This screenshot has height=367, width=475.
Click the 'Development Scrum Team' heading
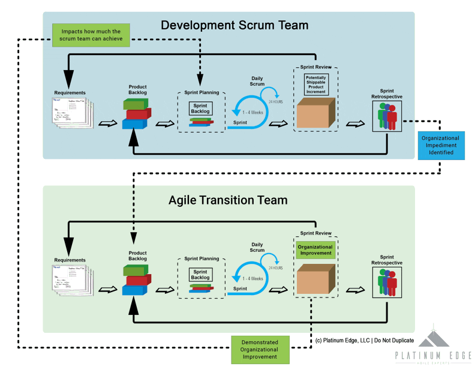tap(235, 25)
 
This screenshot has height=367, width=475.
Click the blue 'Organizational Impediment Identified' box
tap(440, 145)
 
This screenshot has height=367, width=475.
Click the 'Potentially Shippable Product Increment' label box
tap(315, 85)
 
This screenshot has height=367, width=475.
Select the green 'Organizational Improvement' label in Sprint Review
tap(315, 249)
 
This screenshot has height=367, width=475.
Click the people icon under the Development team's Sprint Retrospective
tap(387, 116)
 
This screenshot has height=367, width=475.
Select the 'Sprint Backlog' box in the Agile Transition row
tap(201, 275)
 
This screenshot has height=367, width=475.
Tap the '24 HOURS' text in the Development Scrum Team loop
tap(276, 101)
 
